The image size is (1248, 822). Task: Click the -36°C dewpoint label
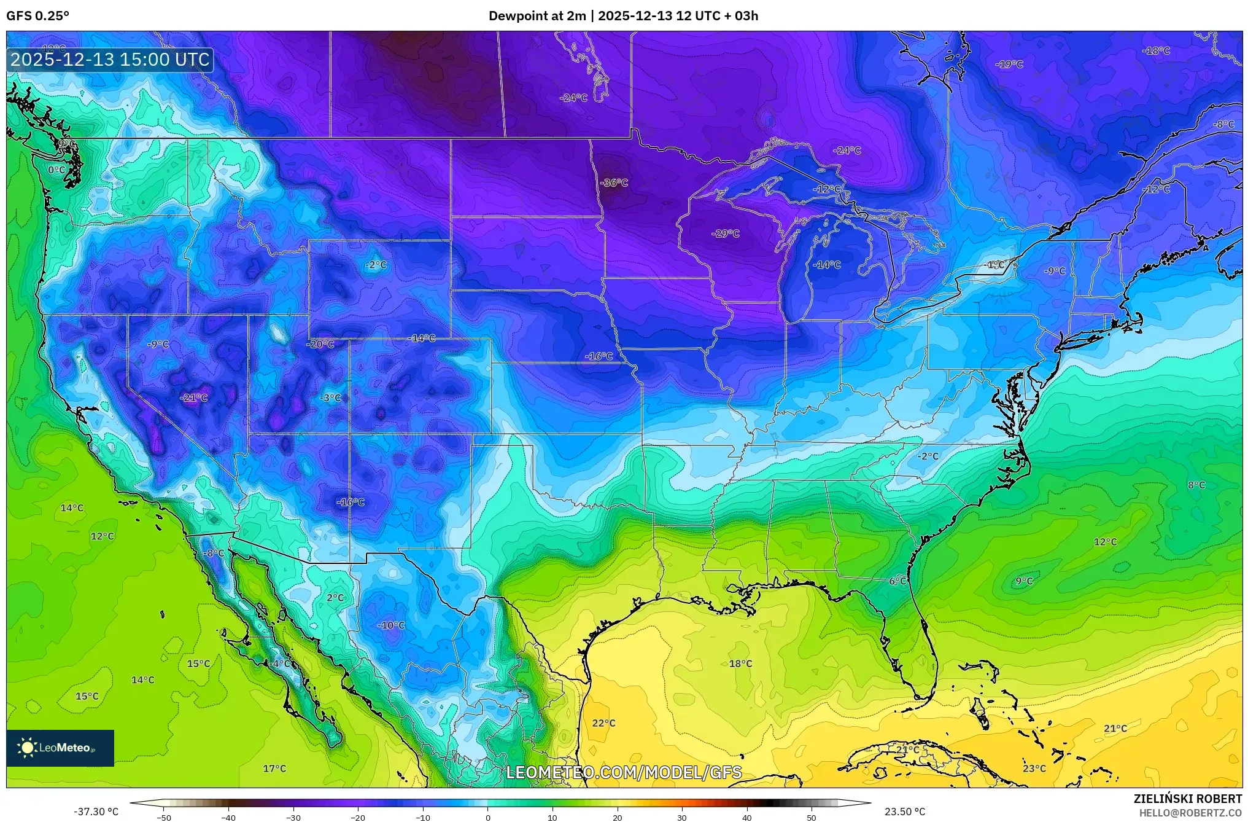pos(614,183)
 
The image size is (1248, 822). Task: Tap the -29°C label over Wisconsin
pos(725,233)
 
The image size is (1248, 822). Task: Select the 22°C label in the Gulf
pos(603,723)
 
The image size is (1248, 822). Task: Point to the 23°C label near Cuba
pos(1034,768)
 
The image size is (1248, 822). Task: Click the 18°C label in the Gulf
pos(740,663)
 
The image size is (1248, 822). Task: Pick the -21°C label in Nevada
pos(193,397)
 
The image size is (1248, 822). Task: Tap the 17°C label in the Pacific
pos(274,768)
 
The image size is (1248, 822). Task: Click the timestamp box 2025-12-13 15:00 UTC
pos(110,60)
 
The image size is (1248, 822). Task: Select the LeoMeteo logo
pos(60,748)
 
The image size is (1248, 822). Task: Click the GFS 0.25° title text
pos(37,16)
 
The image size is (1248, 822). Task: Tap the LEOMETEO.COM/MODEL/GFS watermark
pos(624,772)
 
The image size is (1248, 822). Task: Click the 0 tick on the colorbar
pos(487,817)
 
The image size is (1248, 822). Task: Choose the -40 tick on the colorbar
pos(228,817)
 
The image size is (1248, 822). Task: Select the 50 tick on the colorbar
pos(812,817)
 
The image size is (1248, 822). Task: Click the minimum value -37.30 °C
pos(96,812)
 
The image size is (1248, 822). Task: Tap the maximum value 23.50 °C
pos(905,812)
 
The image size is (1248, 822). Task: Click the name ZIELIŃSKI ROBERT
pos(1187,799)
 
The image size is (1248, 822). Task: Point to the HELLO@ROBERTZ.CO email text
pos(1190,813)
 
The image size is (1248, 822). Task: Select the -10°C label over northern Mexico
pos(391,625)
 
